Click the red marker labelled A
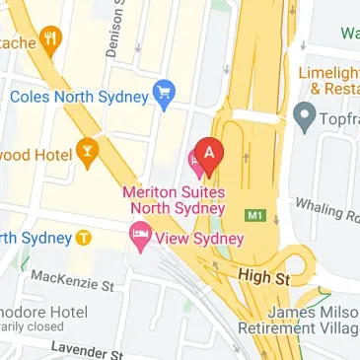208,153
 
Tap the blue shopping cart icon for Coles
165,95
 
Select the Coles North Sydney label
79,97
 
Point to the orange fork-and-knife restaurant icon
49,39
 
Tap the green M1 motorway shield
255,214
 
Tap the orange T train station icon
84,238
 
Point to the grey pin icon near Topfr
304,119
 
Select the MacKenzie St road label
73,283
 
